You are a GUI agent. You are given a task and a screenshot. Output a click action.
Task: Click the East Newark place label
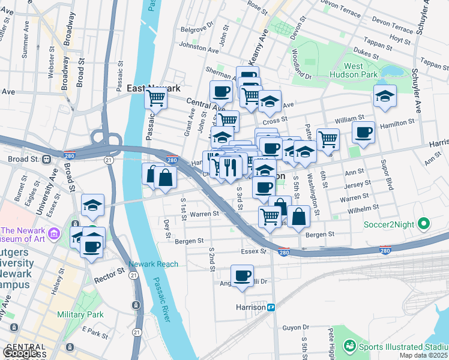154,88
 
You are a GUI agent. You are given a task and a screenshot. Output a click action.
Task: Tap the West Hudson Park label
354,70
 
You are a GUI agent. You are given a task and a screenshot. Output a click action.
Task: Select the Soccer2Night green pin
424,225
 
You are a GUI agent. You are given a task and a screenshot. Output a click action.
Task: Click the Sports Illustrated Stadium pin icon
349,346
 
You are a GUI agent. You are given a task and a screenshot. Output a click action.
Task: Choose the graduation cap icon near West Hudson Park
385,96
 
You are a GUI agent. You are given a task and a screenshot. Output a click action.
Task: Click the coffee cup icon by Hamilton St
363,133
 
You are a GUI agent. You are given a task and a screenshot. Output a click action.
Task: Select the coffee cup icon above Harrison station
242,275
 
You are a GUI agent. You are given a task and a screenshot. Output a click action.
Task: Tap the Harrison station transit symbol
271,307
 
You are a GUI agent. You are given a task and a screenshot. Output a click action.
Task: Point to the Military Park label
80,314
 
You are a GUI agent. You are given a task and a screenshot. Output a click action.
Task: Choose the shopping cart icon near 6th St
328,139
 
